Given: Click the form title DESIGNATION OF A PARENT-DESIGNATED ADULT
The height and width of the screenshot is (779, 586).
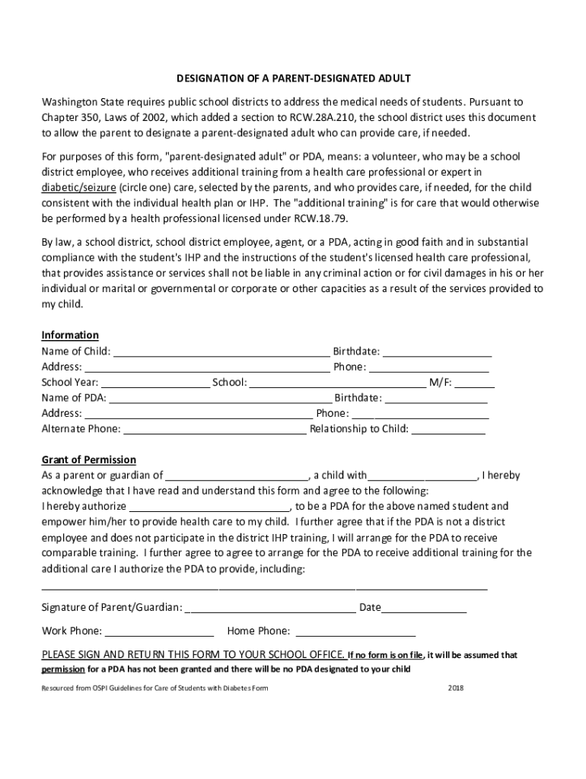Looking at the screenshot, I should point(293,78).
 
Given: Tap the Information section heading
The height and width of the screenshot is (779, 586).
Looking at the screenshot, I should point(70,335).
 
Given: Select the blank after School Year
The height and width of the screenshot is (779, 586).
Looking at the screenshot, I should point(155,383).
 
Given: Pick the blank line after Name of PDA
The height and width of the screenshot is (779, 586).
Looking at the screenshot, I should point(220,399).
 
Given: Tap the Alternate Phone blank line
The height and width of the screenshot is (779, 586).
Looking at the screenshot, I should point(215,430).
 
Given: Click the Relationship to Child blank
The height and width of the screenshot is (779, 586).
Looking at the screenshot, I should point(448,430).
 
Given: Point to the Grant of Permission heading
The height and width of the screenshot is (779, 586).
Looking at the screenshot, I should point(89,460).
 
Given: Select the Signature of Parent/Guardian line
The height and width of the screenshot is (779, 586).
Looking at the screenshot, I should point(270,609).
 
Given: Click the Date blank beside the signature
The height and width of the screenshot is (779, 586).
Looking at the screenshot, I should point(424,609).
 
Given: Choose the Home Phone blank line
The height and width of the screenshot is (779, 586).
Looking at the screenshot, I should point(355,631).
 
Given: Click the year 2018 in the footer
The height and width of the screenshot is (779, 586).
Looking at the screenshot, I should point(456,688).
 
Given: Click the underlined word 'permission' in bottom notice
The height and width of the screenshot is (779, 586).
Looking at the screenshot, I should point(62,670).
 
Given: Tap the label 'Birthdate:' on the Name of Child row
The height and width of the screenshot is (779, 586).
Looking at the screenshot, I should point(357,351).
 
